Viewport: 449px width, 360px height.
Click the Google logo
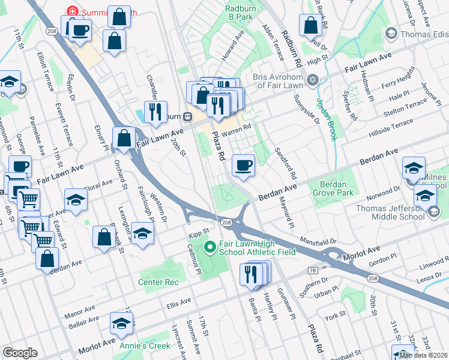coord(20,353)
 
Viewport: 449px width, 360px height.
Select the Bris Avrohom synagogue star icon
coord(312,80)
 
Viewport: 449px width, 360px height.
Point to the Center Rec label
coord(158,281)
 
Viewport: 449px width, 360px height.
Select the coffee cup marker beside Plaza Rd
coord(243,166)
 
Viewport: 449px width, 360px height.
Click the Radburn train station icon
coord(187,116)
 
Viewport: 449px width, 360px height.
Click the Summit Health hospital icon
coord(73,11)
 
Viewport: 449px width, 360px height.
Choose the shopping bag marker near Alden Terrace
coord(310,26)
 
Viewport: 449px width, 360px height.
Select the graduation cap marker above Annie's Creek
coord(122,323)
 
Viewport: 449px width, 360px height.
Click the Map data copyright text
coord(423,355)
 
